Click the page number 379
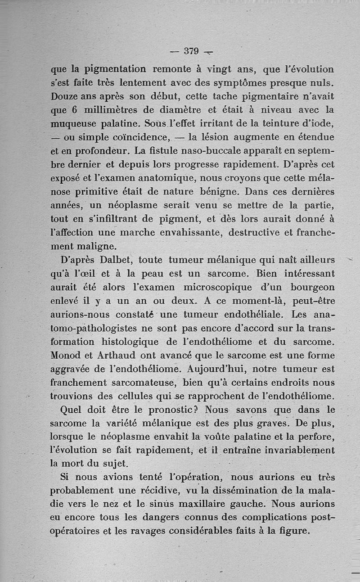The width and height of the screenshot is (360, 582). (191, 51)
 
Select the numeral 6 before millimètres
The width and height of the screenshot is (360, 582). (75, 110)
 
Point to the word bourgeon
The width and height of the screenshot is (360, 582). (313, 287)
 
